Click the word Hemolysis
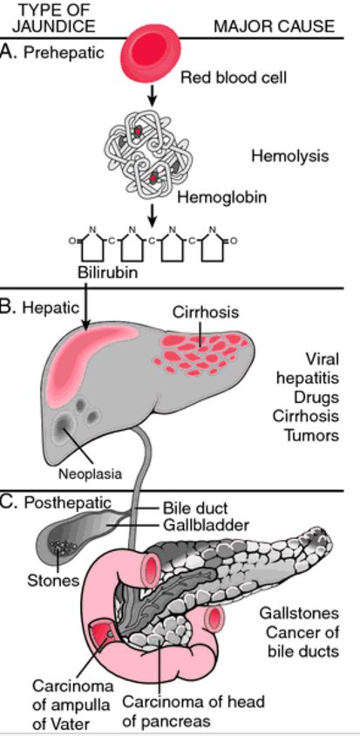[290, 155]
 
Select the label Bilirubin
[108, 272]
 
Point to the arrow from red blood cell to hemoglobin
[151, 96]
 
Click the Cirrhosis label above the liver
[206, 311]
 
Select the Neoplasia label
[90, 474]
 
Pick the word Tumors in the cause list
[311, 435]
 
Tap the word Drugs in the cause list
[316, 397]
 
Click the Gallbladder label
[206, 524]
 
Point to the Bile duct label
[195, 508]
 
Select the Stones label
[53, 580]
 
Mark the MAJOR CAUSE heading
[275, 26]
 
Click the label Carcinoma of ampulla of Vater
[72, 705]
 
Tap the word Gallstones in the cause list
[299, 613]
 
